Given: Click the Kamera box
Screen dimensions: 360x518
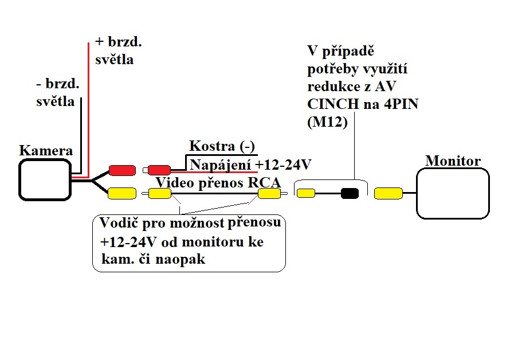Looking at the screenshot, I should pyautogui.click(x=45, y=179).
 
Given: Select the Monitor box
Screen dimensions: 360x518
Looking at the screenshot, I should pyautogui.click(x=453, y=193).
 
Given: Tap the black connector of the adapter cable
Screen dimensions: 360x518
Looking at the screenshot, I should pyautogui.click(x=349, y=193).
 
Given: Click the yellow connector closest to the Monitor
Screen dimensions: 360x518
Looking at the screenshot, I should pyautogui.click(x=388, y=194).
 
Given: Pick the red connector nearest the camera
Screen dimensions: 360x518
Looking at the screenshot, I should pyautogui.click(x=121, y=170).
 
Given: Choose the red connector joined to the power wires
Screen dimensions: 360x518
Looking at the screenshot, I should pyautogui.click(x=159, y=170).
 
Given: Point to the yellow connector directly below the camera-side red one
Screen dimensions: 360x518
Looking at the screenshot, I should pyautogui.click(x=121, y=194).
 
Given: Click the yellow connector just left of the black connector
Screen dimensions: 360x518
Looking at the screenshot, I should pyautogui.click(x=306, y=193).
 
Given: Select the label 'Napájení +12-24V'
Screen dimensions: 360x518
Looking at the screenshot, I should pyautogui.click(x=250, y=165).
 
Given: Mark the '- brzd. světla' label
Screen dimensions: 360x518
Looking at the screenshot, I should pyautogui.click(x=57, y=92).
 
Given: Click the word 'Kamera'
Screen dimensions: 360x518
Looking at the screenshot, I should pyautogui.click(x=46, y=150).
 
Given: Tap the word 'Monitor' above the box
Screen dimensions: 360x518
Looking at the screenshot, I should pyautogui.click(x=453, y=161).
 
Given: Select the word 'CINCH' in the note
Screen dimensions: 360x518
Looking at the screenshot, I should pyautogui.click(x=327, y=105).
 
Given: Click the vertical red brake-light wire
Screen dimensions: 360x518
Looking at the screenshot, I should pyautogui.click(x=88, y=109).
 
